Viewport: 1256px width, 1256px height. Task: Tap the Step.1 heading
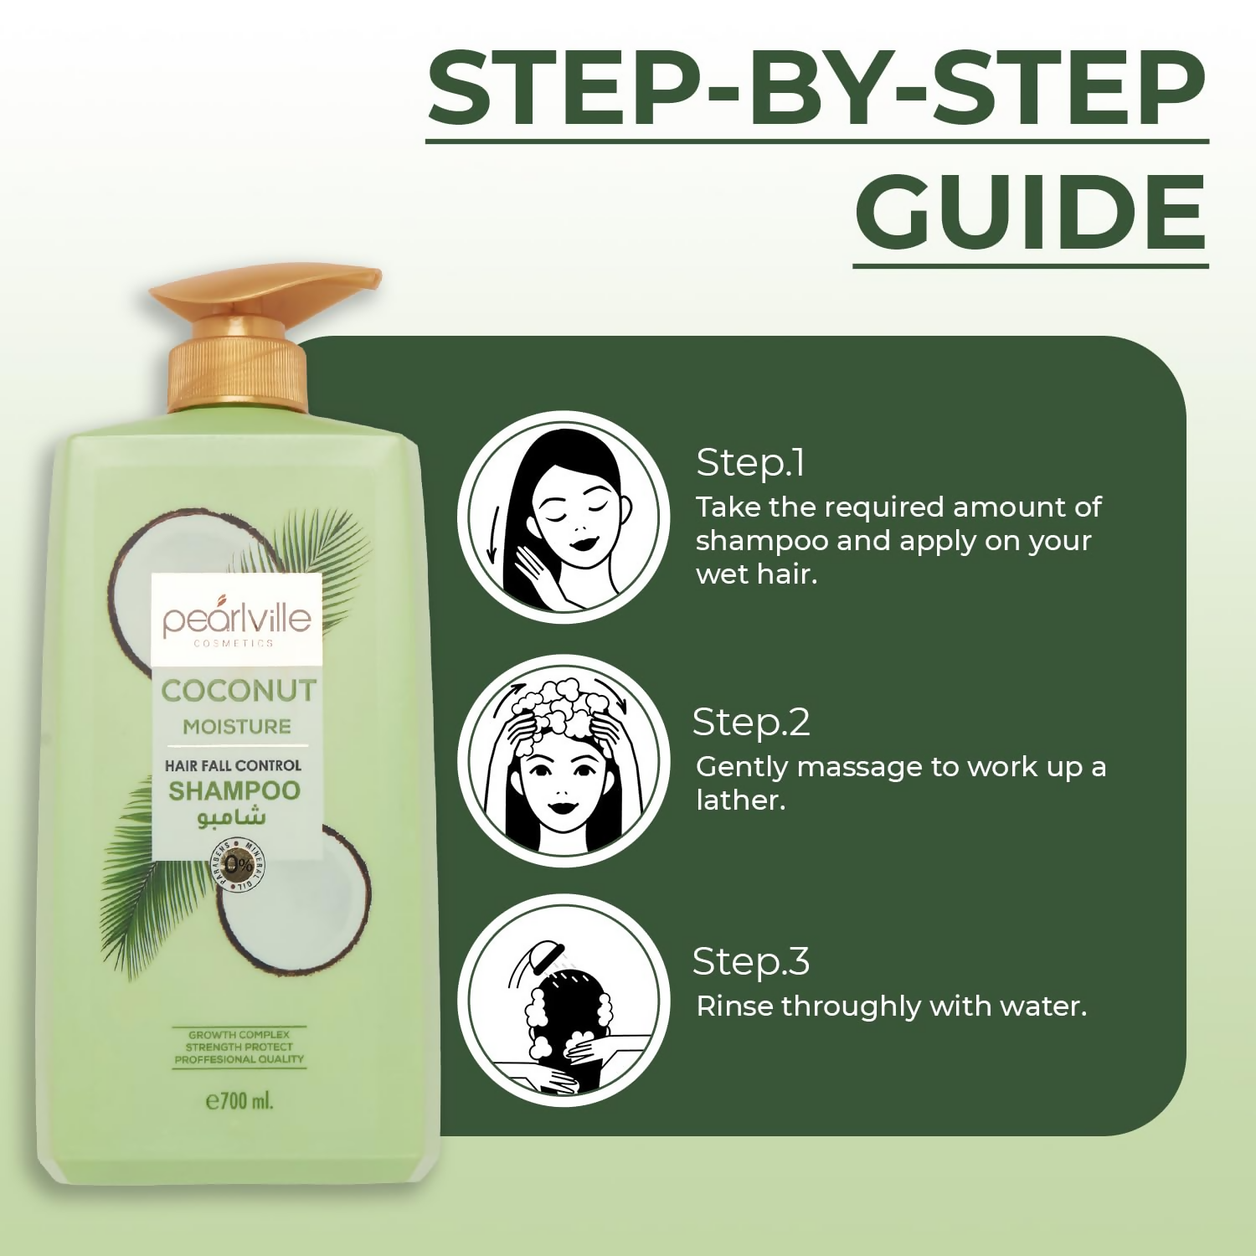click(750, 463)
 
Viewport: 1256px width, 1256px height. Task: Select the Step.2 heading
click(751, 723)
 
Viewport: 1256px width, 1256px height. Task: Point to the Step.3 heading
click(751, 962)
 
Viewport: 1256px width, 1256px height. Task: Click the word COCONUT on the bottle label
click(239, 691)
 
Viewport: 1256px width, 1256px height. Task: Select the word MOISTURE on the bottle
click(237, 727)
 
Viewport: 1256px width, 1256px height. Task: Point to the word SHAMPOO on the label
click(234, 790)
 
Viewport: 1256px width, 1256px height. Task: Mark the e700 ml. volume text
click(239, 1100)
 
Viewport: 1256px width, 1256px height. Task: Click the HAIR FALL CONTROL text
click(233, 765)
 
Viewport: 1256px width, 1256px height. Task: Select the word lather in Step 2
click(741, 800)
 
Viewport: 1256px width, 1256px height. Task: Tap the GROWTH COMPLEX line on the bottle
click(239, 1035)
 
